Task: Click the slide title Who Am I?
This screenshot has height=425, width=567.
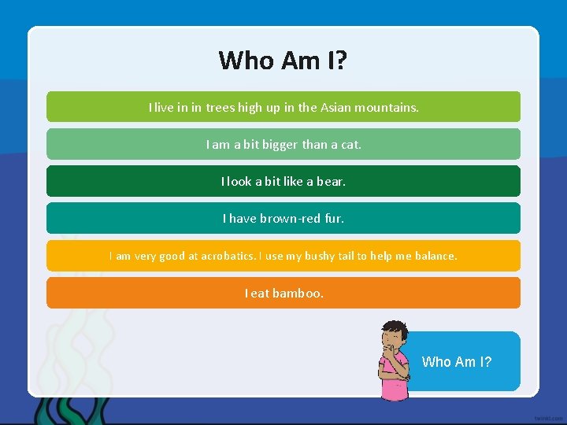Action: tap(283, 61)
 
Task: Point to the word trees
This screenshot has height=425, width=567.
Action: tap(220, 107)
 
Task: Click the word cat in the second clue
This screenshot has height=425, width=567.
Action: tap(350, 144)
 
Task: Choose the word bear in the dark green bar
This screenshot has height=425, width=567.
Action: tap(330, 181)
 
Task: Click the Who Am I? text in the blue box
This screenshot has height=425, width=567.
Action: tap(457, 362)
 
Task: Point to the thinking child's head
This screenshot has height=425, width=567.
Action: tap(395, 334)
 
